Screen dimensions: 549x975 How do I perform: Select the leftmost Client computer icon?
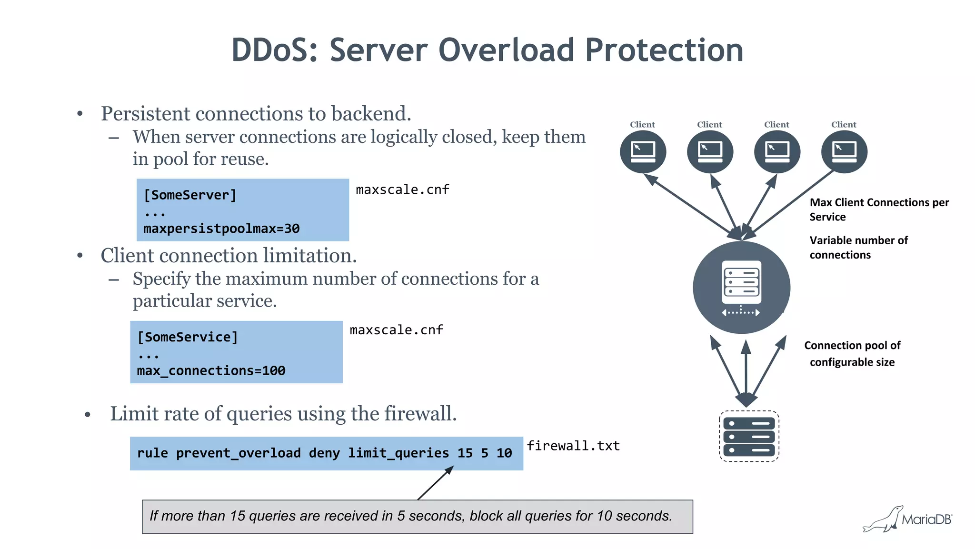coord(643,151)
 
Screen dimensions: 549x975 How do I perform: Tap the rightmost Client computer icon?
coord(844,151)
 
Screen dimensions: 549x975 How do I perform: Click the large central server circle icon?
coord(741,287)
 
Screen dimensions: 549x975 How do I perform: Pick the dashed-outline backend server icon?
coord(749,436)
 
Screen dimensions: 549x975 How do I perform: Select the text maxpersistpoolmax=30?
coord(221,229)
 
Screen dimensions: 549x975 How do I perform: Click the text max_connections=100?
coord(211,370)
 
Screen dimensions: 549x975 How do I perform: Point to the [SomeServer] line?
coord(190,195)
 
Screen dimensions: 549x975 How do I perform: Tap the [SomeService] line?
coord(187,337)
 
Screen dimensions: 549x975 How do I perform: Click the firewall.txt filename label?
coord(573,446)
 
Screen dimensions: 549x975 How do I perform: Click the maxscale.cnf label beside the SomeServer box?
coord(402,190)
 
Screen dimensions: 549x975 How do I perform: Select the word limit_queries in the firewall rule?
coord(398,453)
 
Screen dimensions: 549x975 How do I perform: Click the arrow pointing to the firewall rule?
coord(435,483)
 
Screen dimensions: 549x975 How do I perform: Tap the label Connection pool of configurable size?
coord(852,353)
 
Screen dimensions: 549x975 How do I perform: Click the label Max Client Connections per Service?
coord(879,210)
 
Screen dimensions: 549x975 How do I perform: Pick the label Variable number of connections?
coord(858,248)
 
